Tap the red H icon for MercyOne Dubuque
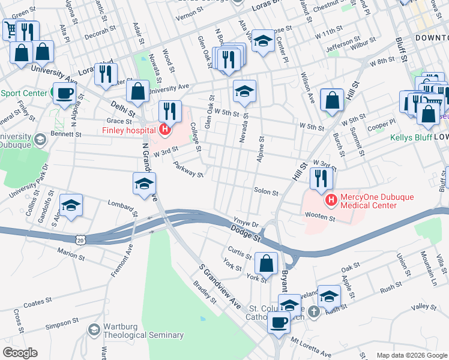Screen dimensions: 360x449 pos(329,199)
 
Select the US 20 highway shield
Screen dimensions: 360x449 pos(89,239)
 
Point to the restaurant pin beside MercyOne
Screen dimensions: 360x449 pos(321,178)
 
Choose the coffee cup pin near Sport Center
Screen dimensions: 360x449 pos(64,93)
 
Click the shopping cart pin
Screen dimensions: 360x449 pos(10,28)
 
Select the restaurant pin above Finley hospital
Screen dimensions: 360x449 pos(170,110)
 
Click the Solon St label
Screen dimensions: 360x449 pos(267,193)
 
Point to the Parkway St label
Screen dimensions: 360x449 pos(188,169)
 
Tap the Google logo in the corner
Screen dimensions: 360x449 pos(20,353)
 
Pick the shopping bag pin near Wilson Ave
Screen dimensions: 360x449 pos(332,100)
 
